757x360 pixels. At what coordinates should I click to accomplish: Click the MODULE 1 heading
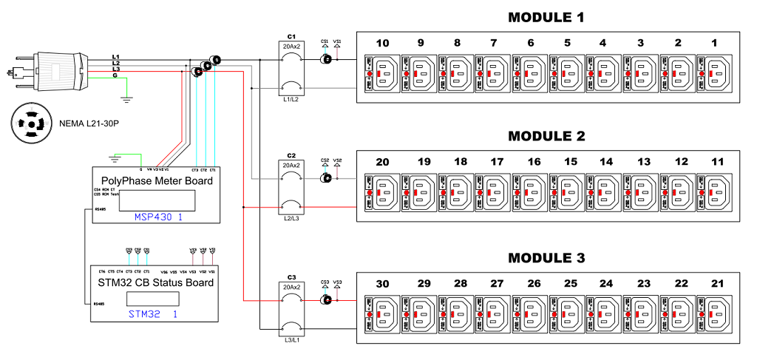click(x=545, y=17)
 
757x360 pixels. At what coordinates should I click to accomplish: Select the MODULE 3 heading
click(x=545, y=259)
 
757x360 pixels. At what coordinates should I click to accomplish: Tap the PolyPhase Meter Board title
click(x=156, y=181)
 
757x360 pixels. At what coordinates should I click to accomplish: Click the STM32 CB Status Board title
click(x=156, y=282)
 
